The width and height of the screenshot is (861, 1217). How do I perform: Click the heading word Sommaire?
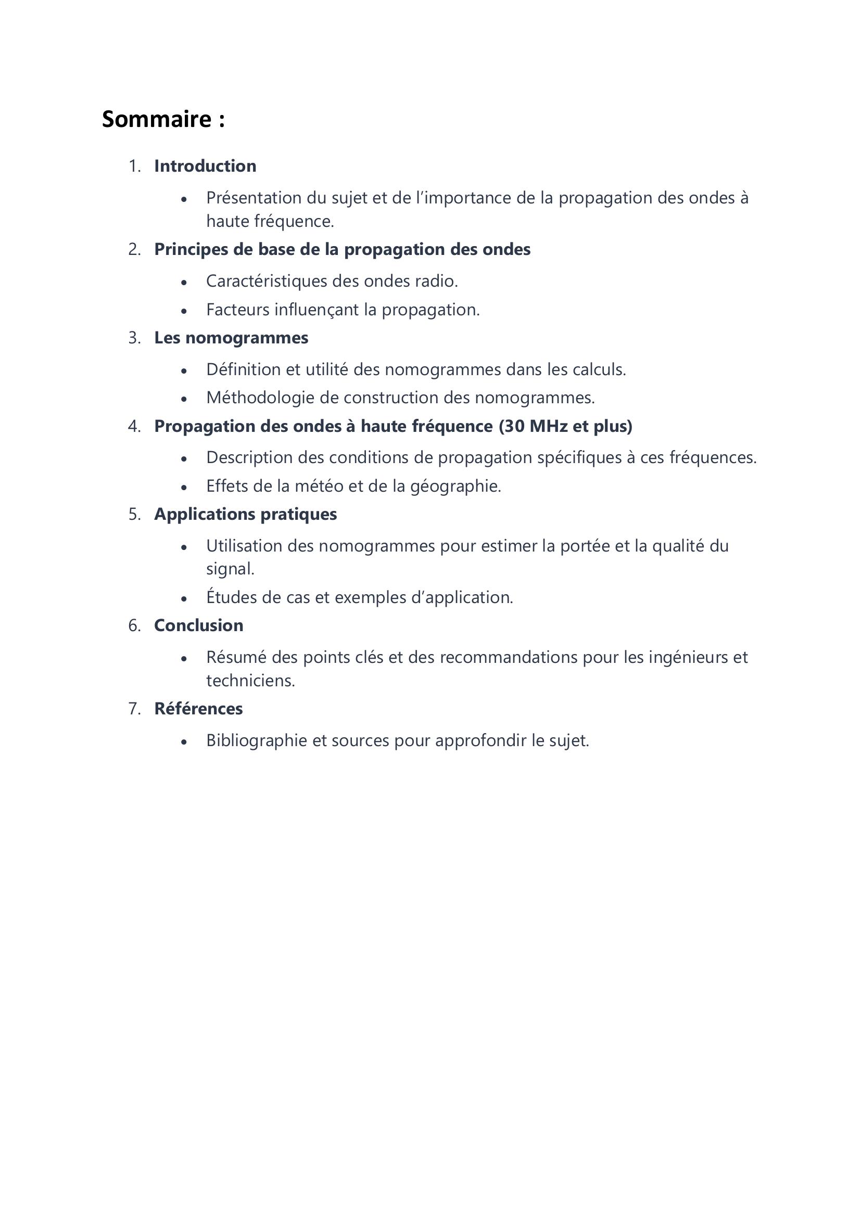(157, 119)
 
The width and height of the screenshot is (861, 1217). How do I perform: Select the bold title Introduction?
(205, 166)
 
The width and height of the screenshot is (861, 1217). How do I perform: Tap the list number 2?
(134, 249)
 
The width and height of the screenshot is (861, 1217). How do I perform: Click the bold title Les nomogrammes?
(231, 338)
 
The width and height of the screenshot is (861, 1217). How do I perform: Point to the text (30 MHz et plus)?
(565, 426)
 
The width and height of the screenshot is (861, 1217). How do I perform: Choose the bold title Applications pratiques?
(246, 514)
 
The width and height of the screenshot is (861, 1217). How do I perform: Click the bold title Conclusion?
(199, 625)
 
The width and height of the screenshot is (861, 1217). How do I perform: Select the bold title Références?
(198, 709)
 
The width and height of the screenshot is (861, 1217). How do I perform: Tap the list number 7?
(134, 709)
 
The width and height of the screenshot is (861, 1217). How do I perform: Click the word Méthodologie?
(260, 398)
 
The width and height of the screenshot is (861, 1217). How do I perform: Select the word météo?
(320, 486)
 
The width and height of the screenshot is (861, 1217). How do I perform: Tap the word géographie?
(455, 486)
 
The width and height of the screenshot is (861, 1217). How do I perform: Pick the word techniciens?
(250, 681)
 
